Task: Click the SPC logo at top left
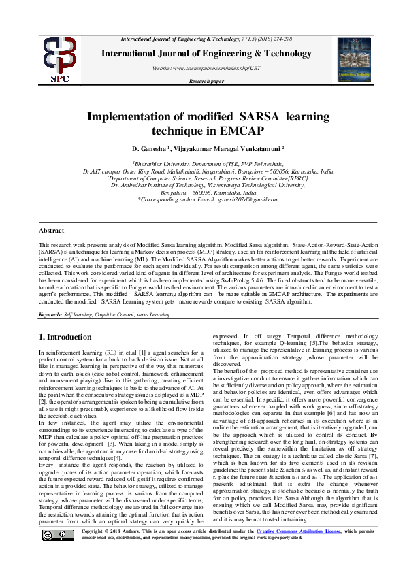(x=59, y=59)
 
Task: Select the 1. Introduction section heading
(x=65, y=338)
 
